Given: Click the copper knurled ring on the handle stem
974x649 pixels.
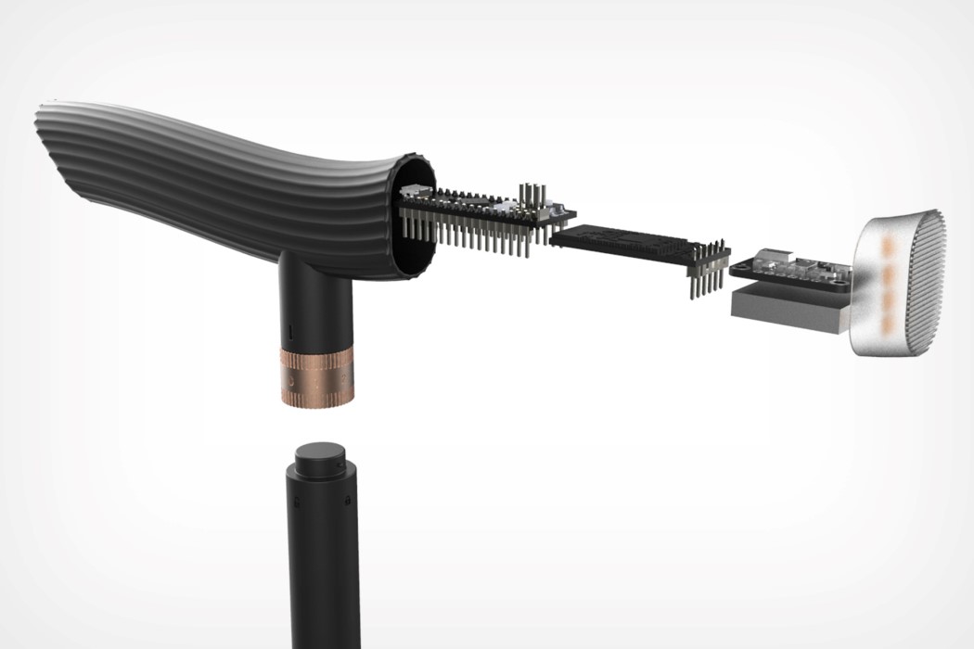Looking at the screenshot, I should click(x=316, y=375).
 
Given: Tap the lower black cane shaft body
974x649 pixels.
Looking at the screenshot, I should click(x=320, y=575).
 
